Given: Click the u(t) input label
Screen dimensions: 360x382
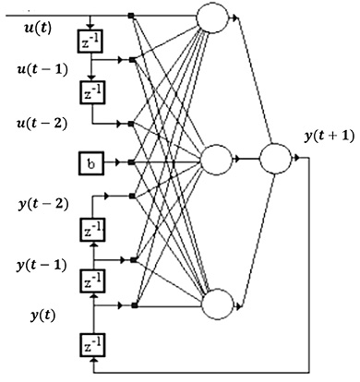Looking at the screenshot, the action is [38, 29].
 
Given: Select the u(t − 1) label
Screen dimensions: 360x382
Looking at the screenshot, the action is [42, 69].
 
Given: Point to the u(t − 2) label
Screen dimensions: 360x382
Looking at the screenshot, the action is [42, 124].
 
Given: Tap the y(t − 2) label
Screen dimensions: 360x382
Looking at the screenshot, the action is [43, 204].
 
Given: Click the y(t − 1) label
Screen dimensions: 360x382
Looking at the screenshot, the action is [42, 265].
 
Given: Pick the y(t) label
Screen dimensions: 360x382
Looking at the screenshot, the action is [43, 316].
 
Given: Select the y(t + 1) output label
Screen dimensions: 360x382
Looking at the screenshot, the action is [330, 136].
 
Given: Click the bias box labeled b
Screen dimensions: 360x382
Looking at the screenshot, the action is [91, 163].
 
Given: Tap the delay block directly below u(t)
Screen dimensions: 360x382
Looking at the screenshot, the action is [90, 41].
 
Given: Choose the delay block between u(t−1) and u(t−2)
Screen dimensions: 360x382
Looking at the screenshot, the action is [92, 92].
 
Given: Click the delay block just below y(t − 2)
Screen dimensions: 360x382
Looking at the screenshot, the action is [92, 230].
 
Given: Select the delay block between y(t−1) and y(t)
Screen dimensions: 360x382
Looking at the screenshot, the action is [92, 281].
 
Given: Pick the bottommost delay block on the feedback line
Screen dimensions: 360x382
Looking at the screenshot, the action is [92, 345].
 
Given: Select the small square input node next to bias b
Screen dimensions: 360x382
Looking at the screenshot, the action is [131, 162].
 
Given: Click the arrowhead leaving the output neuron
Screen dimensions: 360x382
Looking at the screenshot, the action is [296, 158].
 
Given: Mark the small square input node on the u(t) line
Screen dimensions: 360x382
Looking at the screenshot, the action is [131, 16].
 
